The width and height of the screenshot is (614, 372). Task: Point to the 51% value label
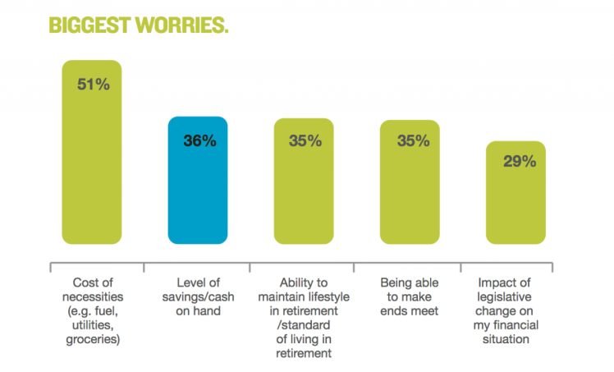[x=92, y=84]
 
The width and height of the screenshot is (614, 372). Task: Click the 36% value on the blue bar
[x=199, y=141]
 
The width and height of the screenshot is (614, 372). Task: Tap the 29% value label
[x=518, y=162]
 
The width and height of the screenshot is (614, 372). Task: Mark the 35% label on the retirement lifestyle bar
[x=305, y=141]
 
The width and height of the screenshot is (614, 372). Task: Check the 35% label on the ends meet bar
[x=412, y=141]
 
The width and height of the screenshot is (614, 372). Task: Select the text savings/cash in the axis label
[x=197, y=297]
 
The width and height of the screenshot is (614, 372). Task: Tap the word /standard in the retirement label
[x=303, y=325]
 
